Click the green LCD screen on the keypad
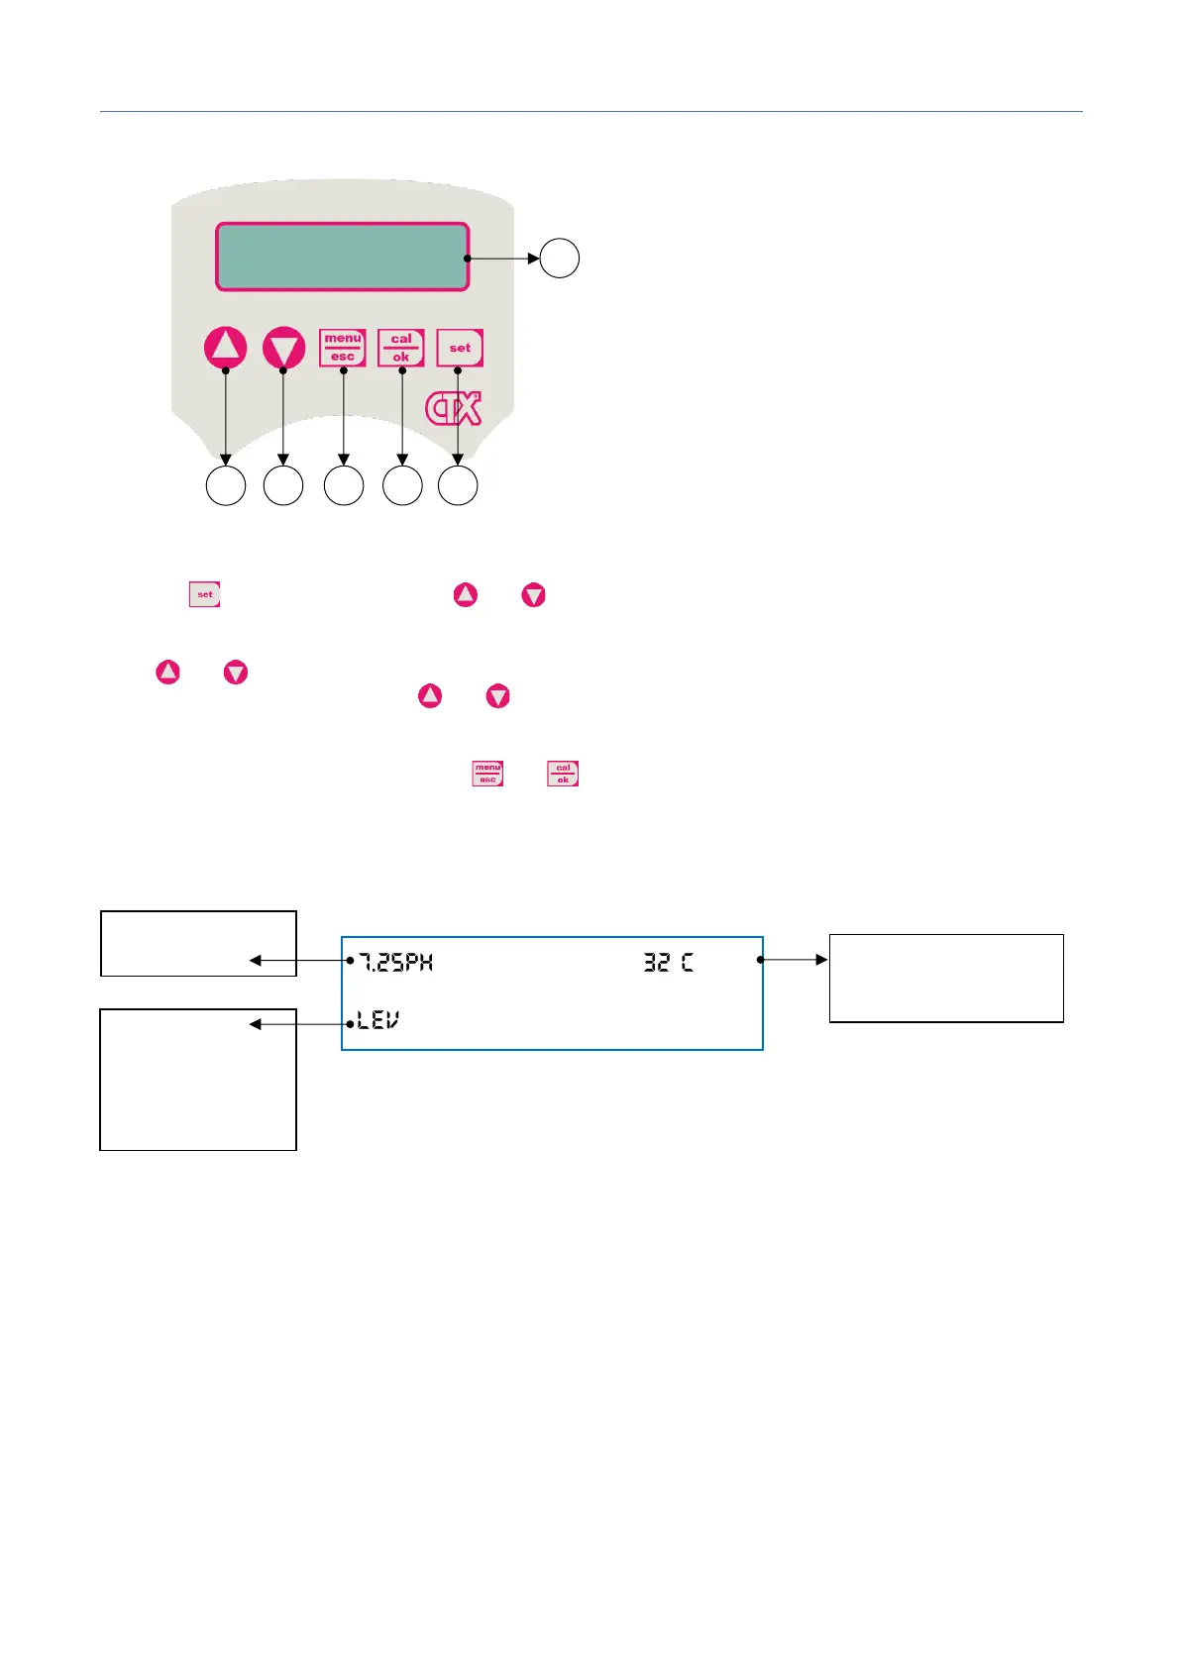point(342,257)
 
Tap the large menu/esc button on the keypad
point(343,348)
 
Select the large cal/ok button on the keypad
point(401,348)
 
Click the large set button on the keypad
point(460,348)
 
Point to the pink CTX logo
point(454,409)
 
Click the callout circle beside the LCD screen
point(560,259)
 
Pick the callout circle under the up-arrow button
point(226,486)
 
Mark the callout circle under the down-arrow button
point(283,486)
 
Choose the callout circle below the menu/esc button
point(344,486)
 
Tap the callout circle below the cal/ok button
point(402,486)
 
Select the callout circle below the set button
point(458,486)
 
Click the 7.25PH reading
point(395,962)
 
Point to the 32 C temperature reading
point(669,962)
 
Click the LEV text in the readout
point(378,1020)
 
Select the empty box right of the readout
point(946,978)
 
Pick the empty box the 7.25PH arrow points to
point(198,943)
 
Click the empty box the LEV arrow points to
point(198,1079)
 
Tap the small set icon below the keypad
point(205,594)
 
